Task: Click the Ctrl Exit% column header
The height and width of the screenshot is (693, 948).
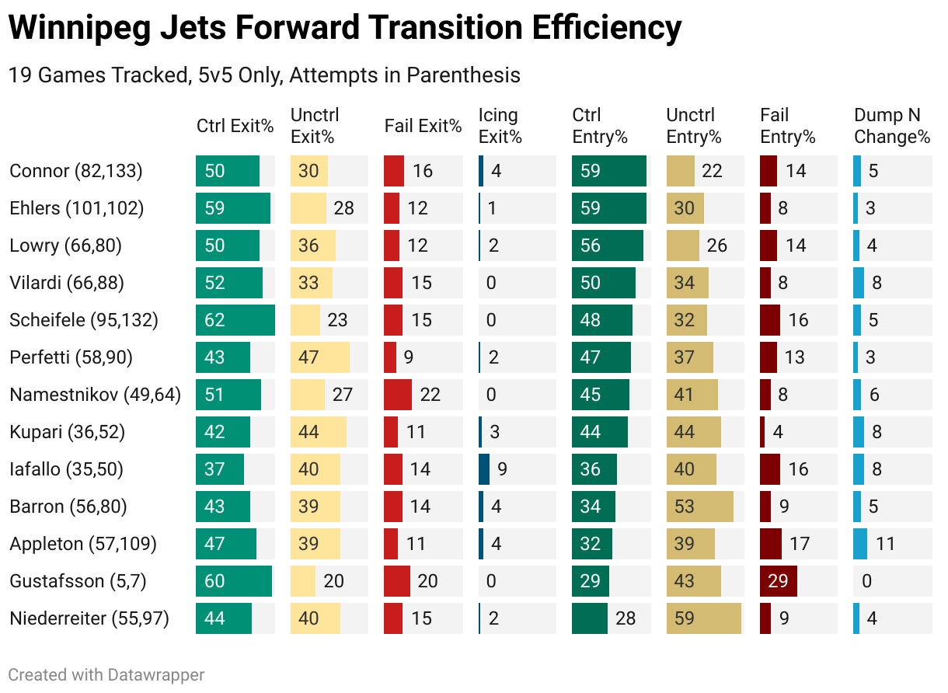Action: (x=235, y=127)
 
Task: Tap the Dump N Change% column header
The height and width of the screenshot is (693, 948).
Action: (x=891, y=127)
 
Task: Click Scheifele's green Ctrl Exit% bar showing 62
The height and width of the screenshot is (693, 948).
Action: (x=235, y=320)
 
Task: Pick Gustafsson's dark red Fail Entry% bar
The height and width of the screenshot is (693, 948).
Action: (x=779, y=581)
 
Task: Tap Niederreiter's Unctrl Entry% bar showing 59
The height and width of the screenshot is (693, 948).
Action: (x=704, y=618)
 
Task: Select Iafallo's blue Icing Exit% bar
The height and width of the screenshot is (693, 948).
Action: (x=484, y=469)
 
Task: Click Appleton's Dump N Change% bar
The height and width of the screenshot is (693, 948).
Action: (x=860, y=544)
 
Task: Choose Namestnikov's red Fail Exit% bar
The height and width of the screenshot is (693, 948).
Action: (x=398, y=395)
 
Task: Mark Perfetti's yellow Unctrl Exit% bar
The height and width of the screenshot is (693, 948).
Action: (x=319, y=357)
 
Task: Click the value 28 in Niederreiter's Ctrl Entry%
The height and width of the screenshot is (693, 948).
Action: (x=625, y=618)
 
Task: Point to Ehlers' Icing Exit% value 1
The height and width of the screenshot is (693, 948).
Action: (x=493, y=208)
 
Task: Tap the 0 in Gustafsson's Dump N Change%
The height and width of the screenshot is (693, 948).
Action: (x=866, y=581)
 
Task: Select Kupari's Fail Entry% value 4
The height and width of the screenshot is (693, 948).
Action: (x=778, y=432)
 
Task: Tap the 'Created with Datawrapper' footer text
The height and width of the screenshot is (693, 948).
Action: (x=106, y=674)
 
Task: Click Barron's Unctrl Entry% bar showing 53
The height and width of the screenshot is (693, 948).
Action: (x=700, y=507)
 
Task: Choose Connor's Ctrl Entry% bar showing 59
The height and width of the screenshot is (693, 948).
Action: (x=609, y=171)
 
